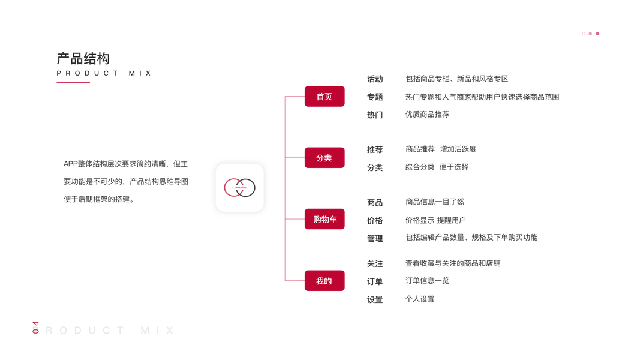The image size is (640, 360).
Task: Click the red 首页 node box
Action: pyautogui.click(x=324, y=97)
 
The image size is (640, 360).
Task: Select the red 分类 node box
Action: pyautogui.click(x=324, y=158)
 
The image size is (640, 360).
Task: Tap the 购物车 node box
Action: pyautogui.click(x=324, y=220)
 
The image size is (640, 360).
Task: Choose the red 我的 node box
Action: pyautogui.click(x=324, y=281)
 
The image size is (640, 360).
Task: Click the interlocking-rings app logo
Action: pyautogui.click(x=239, y=188)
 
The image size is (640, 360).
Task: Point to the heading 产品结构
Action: pyautogui.click(x=83, y=59)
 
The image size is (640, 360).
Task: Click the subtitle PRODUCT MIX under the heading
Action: pyautogui.click(x=104, y=73)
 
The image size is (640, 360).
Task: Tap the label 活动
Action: pyautogui.click(x=375, y=79)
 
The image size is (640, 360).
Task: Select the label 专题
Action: pyautogui.click(x=375, y=97)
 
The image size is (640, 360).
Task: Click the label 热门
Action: pyautogui.click(x=375, y=115)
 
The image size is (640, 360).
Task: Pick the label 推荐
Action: pyautogui.click(x=375, y=149)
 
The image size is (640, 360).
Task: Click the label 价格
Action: pyautogui.click(x=375, y=221)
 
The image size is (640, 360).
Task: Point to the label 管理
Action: pyautogui.click(x=375, y=238)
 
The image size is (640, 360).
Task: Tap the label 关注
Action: pyautogui.click(x=375, y=263)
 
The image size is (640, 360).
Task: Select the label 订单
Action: pyautogui.click(x=375, y=281)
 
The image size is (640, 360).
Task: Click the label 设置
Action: pyautogui.click(x=375, y=299)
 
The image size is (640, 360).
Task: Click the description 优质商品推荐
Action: pyautogui.click(x=427, y=114)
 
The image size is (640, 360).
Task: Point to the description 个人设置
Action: pyautogui.click(x=420, y=299)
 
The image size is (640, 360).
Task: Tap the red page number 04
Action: pyautogui.click(x=35, y=327)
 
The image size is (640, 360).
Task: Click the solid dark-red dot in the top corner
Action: pyautogui.click(x=597, y=34)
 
